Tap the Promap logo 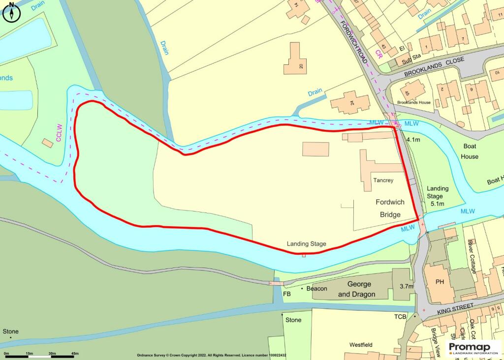pyautogui.click(x=472, y=348)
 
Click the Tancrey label pyautogui.click(x=383, y=180)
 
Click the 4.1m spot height pyautogui.click(x=413, y=140)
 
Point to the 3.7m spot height pyautogui.click(x=406, y=286)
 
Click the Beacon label pyautogui.click(x=316, y=289)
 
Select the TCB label pyautogui.click(x=400, y=316)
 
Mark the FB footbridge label pyautogui.click(x=287, y=294)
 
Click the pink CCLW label pyautogui.click(x=59, y=133)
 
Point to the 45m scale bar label pyautogui.click(x=75, y=354)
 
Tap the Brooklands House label pyautogui.click(x=414, y=102)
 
